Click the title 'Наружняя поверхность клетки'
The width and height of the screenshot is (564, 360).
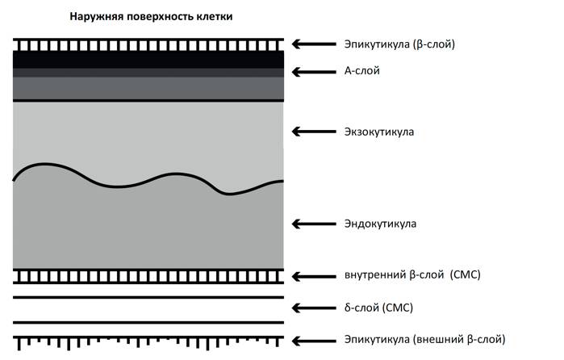[x=151, y=17]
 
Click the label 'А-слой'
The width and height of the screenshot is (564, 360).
[x=361, y=70]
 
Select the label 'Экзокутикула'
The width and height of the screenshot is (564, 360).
[x=379, y=132]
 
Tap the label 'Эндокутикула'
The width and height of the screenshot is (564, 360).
[x=380, y=224]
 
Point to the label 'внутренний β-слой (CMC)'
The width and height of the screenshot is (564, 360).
[x=412, y=275]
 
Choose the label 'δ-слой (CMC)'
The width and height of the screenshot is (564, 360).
[x=378, y=308]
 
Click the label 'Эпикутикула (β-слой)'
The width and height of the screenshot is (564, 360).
[x=399, y=44]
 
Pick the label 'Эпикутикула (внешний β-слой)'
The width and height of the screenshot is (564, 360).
[x=424, y=340]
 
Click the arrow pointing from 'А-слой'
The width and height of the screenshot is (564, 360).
[x=314, y=72]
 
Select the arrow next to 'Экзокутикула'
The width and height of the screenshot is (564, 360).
[x=314, y=132]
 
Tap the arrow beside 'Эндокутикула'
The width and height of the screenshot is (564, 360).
[x=314, y=224]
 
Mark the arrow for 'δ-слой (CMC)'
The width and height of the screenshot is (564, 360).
[x=314, y=308]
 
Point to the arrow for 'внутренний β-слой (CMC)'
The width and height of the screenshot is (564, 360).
[x=314, y=277]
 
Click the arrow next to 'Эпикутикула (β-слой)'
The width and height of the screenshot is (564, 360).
[x=314, y=44]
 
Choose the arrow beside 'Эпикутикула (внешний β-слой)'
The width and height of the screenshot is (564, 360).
[x=314, y=341]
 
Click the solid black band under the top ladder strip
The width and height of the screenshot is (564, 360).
[x=148, y=60]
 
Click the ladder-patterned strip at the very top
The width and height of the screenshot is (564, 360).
[x=148, y=45]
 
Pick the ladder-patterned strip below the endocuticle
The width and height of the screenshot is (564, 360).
[x=148, y=276]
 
